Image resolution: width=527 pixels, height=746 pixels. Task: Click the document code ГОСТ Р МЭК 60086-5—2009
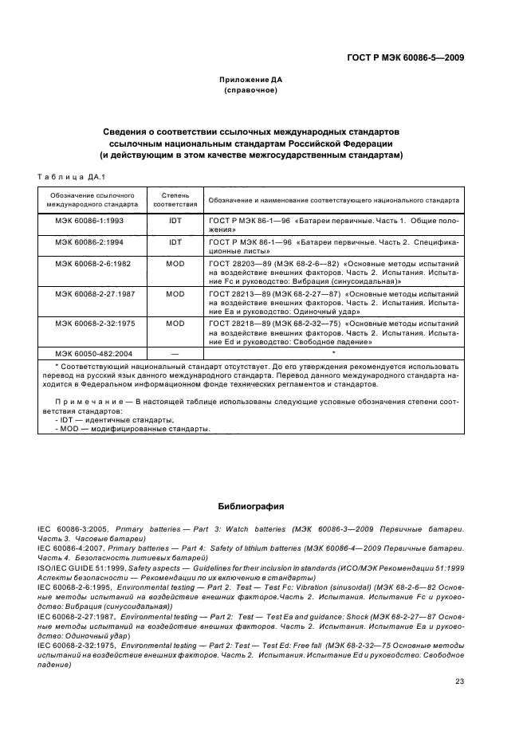pos(406,57)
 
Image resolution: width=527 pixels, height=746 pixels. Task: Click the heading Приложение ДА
pos(250,80)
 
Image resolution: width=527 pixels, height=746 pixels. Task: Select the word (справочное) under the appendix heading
pos(250,91)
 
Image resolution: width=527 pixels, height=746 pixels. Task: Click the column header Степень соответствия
pos(175,198)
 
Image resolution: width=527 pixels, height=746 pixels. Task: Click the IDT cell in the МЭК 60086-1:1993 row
pos(175,218)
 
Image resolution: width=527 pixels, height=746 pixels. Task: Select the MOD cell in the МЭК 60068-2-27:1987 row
pos(175,293)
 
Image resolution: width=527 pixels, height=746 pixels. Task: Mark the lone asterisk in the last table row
pos(334,351)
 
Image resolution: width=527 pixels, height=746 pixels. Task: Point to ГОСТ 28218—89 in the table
pos(239,325)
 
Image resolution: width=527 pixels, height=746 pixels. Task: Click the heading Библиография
pos(250,506)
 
